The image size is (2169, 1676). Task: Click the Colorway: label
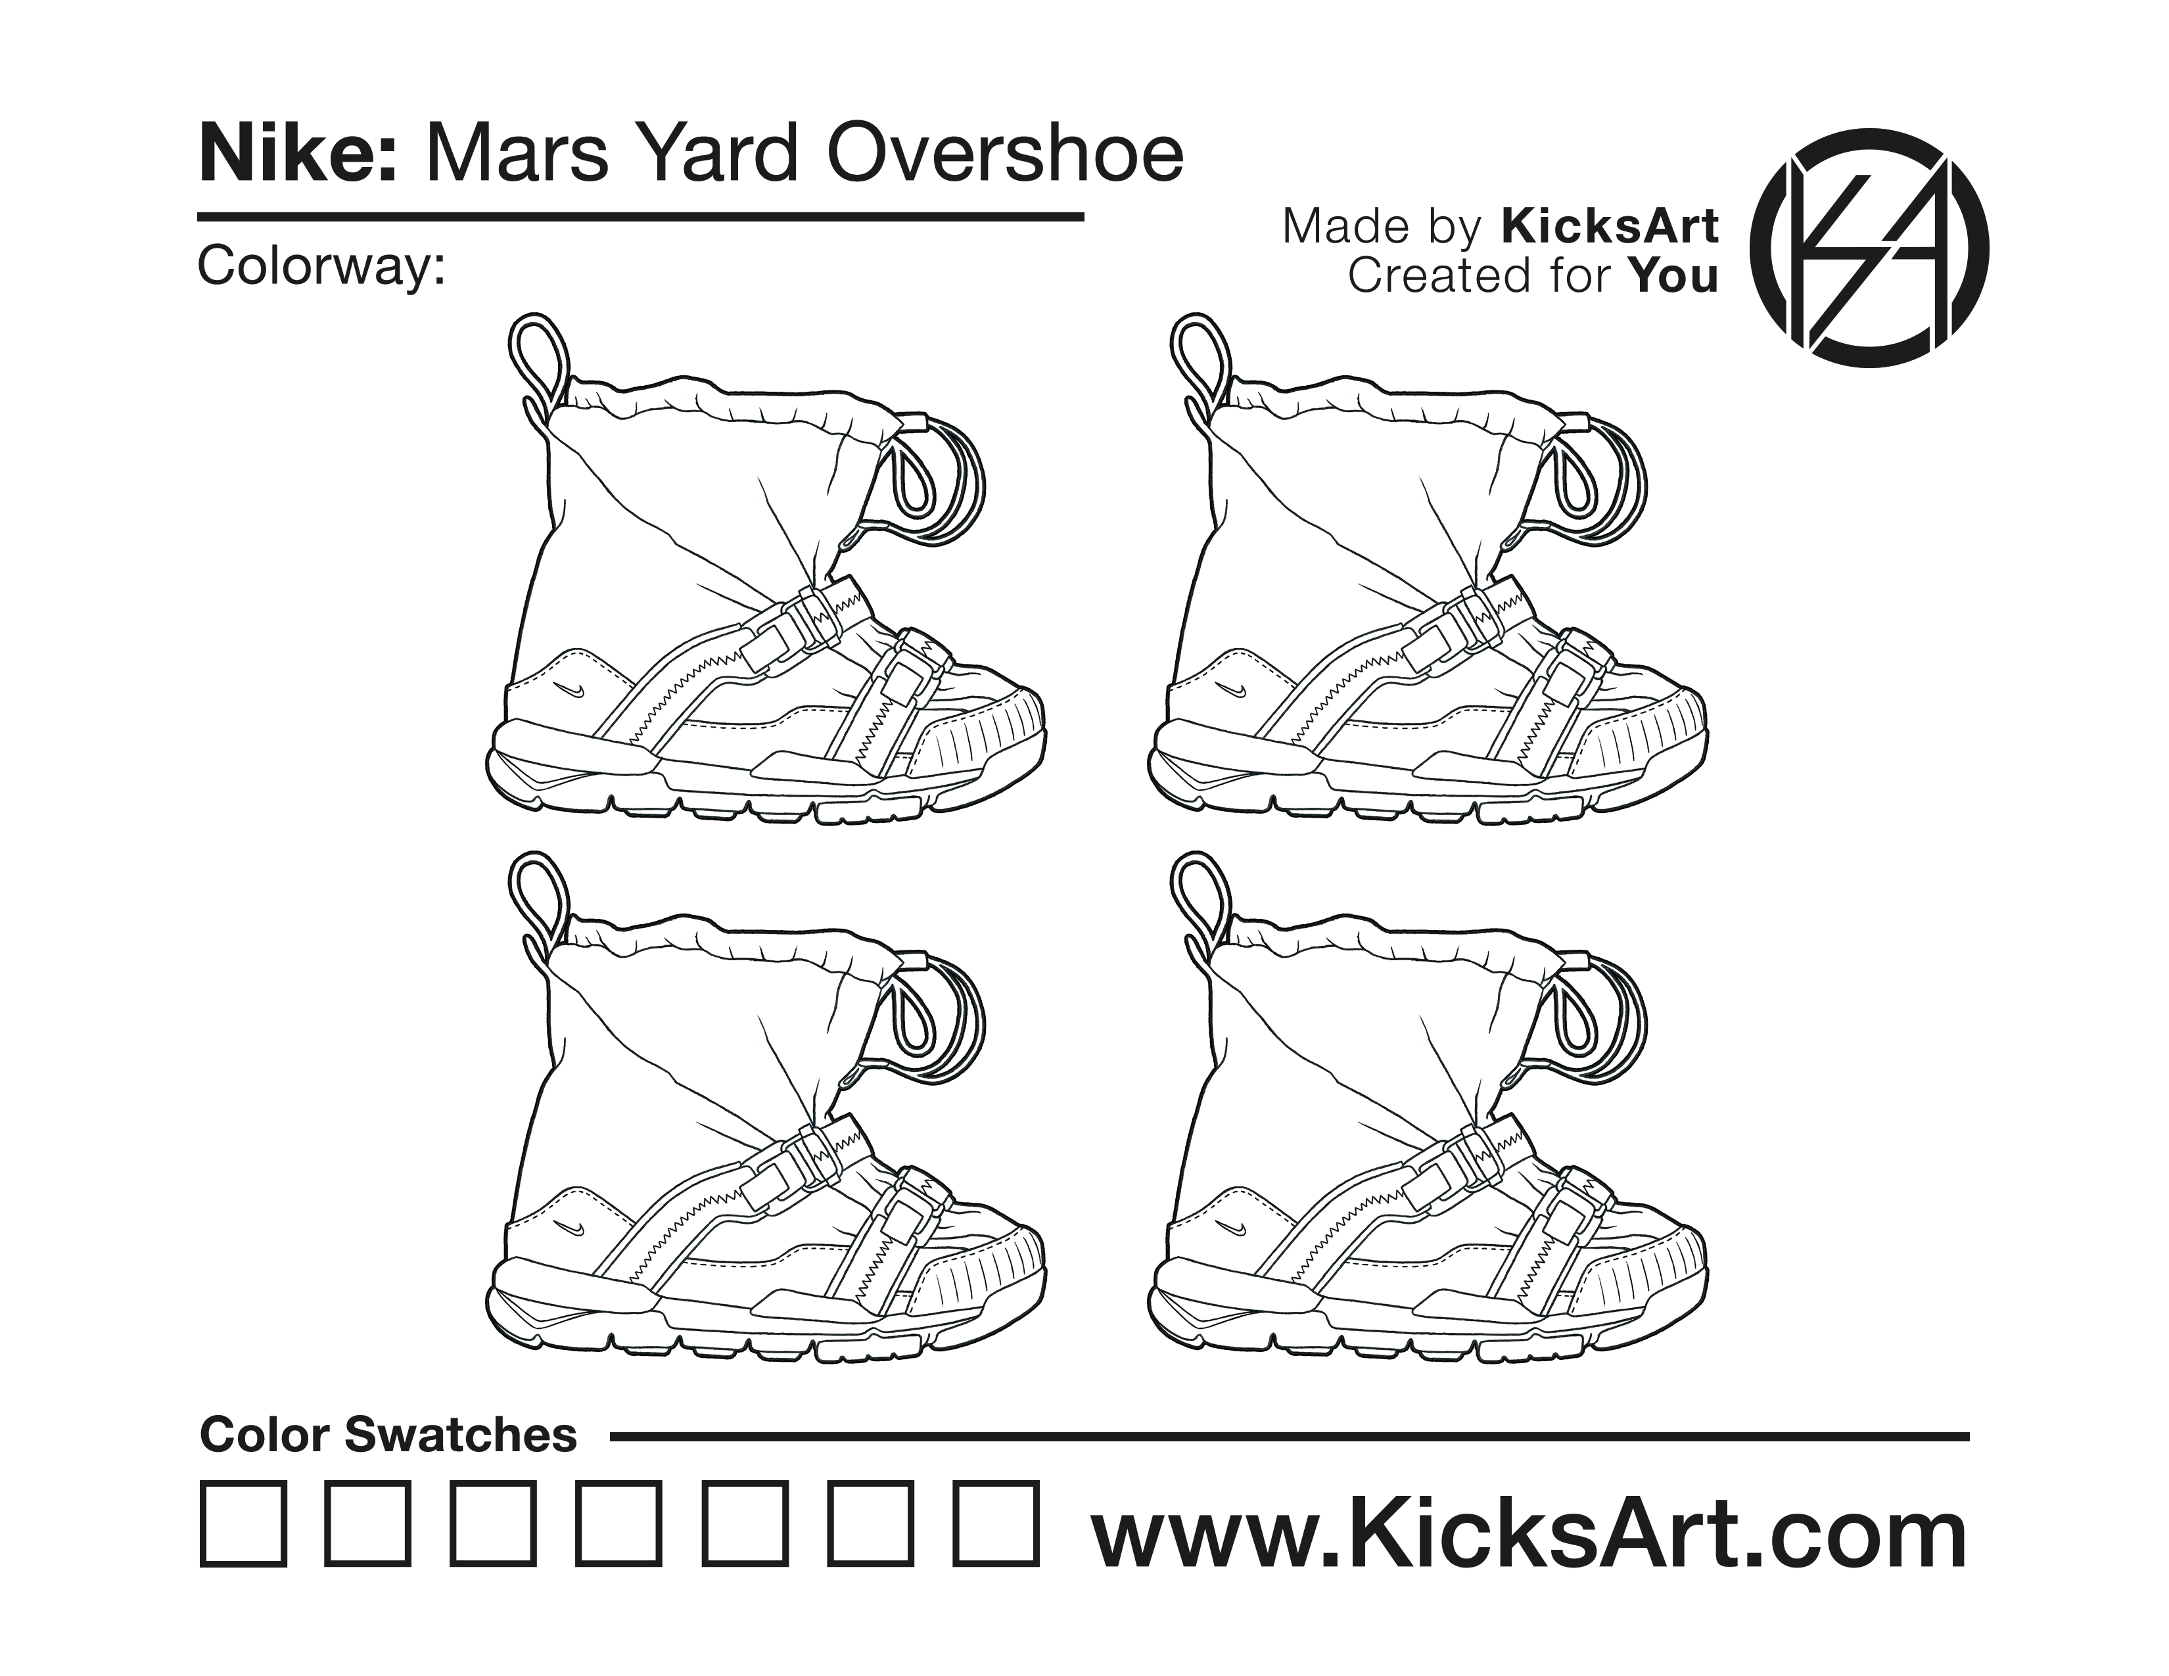[x=321, y=266]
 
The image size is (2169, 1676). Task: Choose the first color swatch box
[x=243, y=1524]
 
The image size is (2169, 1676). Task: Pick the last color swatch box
[x=996, y=1524]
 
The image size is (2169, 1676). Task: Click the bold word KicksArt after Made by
[x=1609, y=225]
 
